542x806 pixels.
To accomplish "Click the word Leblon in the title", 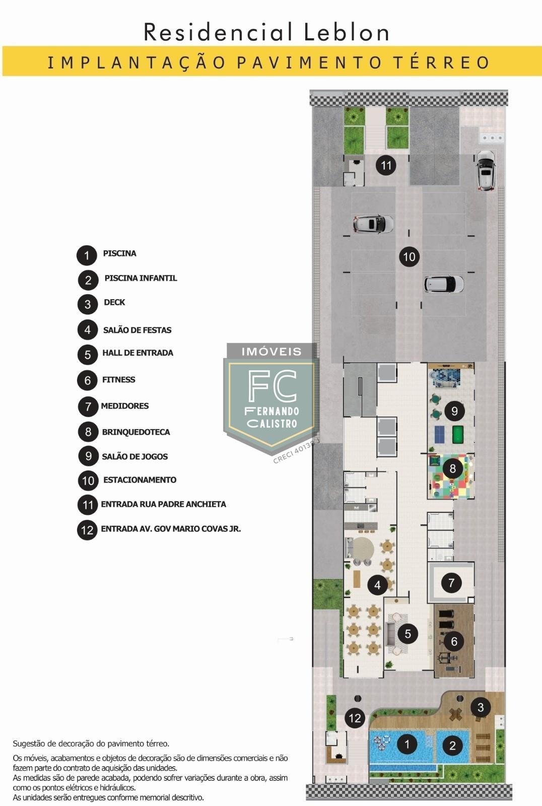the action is click(x=346, y=32).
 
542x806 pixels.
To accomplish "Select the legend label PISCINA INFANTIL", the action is click(x=141, y=278).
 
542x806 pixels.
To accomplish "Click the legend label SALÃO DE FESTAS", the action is click(x=137, y=330).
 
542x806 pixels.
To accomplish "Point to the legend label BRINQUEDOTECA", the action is click(x=135, y=432).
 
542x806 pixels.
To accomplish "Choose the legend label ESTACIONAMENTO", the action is click(x=140, y=480).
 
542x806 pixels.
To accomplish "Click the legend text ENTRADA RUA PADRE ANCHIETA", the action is click(x=163, y=504).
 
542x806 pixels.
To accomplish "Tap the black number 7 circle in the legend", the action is click(x=88, y=407).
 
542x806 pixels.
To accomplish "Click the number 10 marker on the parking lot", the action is click(x=409, y=256).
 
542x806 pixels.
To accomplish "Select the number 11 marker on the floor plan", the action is click(x=386, y=166).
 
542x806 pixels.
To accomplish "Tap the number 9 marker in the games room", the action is click(x=454, y=411).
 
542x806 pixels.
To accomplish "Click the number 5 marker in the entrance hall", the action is click(x=408, y=634).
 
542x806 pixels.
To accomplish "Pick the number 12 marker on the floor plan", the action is click(x=355, y=718).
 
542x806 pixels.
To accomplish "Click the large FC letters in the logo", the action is click(x=273, y=386).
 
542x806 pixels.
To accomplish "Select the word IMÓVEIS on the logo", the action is click(x=272, y=352).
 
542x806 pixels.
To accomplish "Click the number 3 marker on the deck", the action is click(x=481, y=707).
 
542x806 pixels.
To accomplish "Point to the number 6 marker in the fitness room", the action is click(x=454, y=641).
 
